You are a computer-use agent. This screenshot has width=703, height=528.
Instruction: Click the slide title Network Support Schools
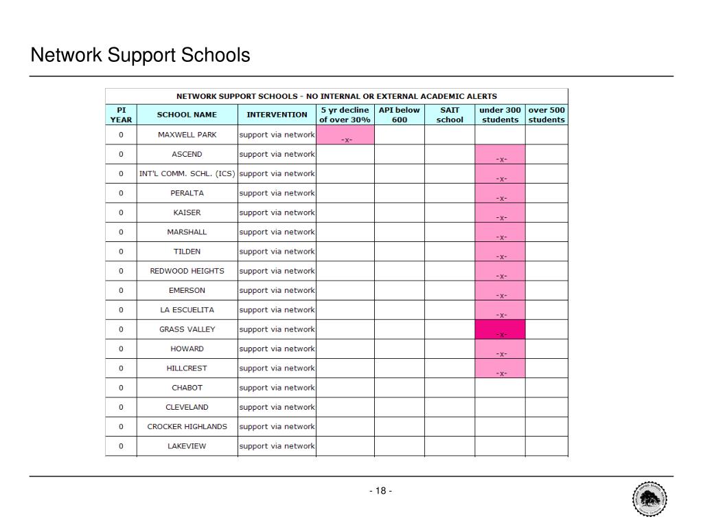[140, 55]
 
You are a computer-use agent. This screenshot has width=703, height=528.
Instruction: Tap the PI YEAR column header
[121, 115]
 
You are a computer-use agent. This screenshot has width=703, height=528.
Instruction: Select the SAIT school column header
[450, 115]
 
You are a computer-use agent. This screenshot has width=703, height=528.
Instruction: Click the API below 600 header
[399, 115]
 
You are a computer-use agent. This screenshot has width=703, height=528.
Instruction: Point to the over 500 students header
[546, 115]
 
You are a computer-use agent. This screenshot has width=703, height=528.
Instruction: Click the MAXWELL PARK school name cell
[187, 135]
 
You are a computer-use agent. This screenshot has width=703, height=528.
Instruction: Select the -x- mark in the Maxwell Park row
[347, 140]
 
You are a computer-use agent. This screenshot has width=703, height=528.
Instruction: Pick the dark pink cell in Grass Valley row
[500, 329]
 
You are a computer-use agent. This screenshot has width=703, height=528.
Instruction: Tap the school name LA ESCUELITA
[187, 310]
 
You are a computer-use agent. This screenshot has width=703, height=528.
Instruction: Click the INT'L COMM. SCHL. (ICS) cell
[187, 174]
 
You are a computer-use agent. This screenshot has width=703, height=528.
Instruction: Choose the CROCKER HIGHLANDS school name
[187, 427]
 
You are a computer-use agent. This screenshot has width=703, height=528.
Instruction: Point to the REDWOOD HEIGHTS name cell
[187, 271]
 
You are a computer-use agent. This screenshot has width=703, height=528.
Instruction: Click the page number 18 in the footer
[380, 491]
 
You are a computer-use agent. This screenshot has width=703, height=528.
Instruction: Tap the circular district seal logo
[649, 498]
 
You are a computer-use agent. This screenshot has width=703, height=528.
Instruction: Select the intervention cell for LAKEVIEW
[277, 446]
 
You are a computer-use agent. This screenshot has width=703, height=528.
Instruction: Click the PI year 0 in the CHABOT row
[121, 388]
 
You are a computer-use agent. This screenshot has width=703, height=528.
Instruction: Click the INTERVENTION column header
[277, 115]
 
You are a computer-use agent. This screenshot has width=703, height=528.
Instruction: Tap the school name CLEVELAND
[187, 407]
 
